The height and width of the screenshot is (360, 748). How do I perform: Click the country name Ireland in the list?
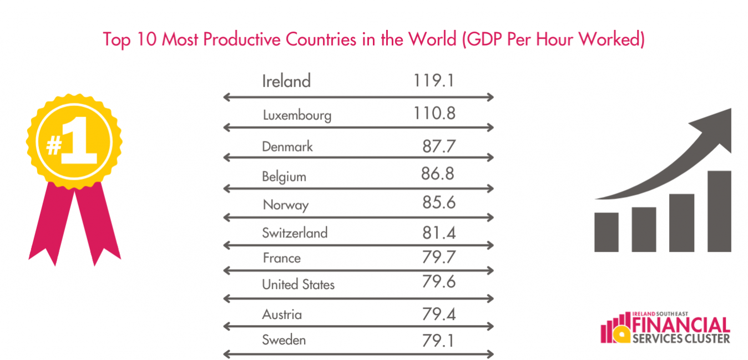(x=286, y=82)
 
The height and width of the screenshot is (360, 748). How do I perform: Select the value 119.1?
(x=434, y=81)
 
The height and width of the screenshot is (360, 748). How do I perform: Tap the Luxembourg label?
(x=297, y=115)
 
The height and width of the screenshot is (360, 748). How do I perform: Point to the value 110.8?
(x=434, y=113)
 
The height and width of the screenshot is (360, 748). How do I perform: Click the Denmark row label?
(x=287, y=146)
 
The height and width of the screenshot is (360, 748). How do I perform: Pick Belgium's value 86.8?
(x=437, y=174)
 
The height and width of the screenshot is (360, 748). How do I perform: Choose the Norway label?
(x=286, y=205)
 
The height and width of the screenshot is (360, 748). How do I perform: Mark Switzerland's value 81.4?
(x=438, y=232)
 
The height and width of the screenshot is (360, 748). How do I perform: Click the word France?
(x=282, y=258)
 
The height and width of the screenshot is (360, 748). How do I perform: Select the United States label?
(x=299, y=285)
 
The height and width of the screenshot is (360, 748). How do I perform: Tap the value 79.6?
(x=438, y=282)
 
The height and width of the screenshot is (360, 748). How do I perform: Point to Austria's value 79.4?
(x=438, y=315)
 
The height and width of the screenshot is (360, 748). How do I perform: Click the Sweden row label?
(x=284, y=339)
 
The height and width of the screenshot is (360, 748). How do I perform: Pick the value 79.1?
(x=438, y=339)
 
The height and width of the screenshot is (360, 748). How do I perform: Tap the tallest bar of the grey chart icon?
(x=719, y=211)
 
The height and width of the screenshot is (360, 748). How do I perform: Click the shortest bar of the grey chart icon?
(x=606, y=232)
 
